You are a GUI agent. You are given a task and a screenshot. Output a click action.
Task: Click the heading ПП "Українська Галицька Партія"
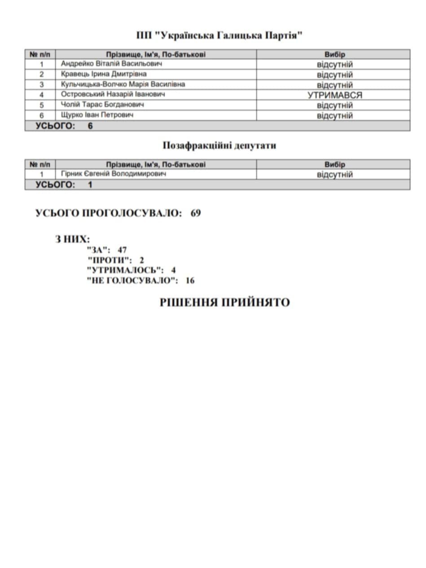coord(219,35)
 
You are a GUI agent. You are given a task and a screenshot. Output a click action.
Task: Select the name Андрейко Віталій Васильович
coord(111,64)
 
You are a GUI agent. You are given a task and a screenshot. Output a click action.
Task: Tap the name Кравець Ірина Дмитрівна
coord(104,74)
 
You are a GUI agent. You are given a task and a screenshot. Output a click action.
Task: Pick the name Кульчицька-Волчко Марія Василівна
coord(123,84)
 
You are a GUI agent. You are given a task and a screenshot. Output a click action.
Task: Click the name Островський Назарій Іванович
coord(113,95)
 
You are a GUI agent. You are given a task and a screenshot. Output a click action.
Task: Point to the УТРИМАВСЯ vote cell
coord(334,95)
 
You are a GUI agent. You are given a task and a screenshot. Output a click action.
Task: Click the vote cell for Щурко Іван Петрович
coord(334,116)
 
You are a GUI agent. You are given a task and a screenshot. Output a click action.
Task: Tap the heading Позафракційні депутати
coord(219,146)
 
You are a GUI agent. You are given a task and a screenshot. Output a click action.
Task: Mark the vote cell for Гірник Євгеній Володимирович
coord(334,175)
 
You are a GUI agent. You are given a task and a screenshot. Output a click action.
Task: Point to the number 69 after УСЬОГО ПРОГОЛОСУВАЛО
coord(196,213)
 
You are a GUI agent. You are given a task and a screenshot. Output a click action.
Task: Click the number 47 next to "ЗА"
coord(122,250)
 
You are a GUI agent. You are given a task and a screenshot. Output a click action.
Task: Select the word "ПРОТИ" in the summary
coord(110,260)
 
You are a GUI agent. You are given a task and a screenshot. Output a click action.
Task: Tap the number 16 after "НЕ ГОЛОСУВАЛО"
coord(190,281)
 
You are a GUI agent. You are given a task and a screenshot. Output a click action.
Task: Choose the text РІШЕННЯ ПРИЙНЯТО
coord(224,303)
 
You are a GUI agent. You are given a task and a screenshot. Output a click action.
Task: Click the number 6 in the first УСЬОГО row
coord(90,126)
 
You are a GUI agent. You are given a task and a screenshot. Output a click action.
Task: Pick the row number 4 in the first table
coord(41,95)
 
